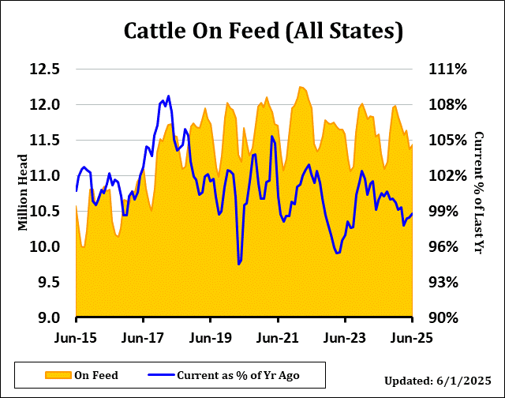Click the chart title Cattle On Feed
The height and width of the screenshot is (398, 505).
click(264, 32)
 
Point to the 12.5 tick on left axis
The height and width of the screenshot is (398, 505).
click(45, 69)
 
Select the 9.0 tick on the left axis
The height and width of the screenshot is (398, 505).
click(45, 317)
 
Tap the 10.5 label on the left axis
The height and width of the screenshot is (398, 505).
click(45, 211)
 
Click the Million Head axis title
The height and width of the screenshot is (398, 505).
click(23, 193)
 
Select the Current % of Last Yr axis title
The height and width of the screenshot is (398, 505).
click(477, 193)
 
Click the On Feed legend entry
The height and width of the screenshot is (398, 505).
click(95, 374)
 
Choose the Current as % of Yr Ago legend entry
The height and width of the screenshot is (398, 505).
click(238, 374)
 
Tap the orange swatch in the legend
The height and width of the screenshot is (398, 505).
click(58, 374)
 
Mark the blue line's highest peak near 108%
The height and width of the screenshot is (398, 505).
click(168, 96)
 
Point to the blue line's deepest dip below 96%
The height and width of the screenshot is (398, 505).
click(238, 264)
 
